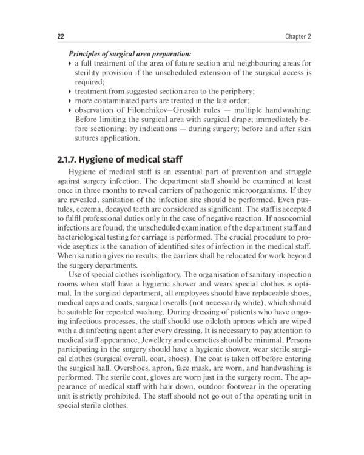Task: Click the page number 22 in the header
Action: pyautogui.click(x=61, y=36)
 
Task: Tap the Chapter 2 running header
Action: pyautogui.click(x=298, y=36)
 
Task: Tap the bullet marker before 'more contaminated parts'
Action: pyautogui.click(x=70, y=100)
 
